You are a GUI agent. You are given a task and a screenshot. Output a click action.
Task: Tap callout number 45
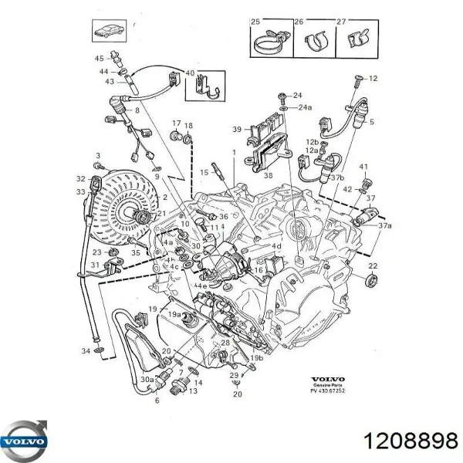point(100,59)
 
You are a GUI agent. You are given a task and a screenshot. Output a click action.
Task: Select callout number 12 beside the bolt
point(373,79)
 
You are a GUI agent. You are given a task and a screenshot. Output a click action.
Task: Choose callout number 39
point(238,130)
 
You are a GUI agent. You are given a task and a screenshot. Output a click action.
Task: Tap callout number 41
point(364,167)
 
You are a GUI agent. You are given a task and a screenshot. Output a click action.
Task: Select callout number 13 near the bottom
point(193,390)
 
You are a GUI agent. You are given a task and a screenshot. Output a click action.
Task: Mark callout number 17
point(175,123)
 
